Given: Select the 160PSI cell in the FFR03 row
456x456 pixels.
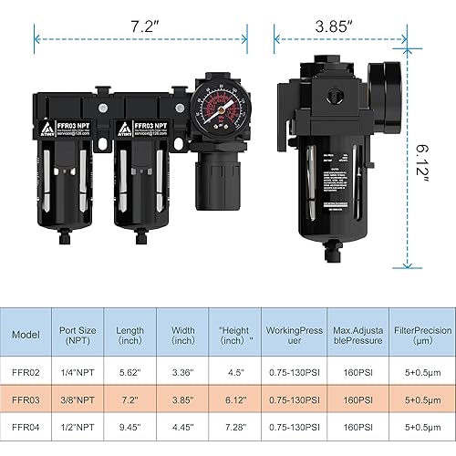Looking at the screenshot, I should pos(357,399).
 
